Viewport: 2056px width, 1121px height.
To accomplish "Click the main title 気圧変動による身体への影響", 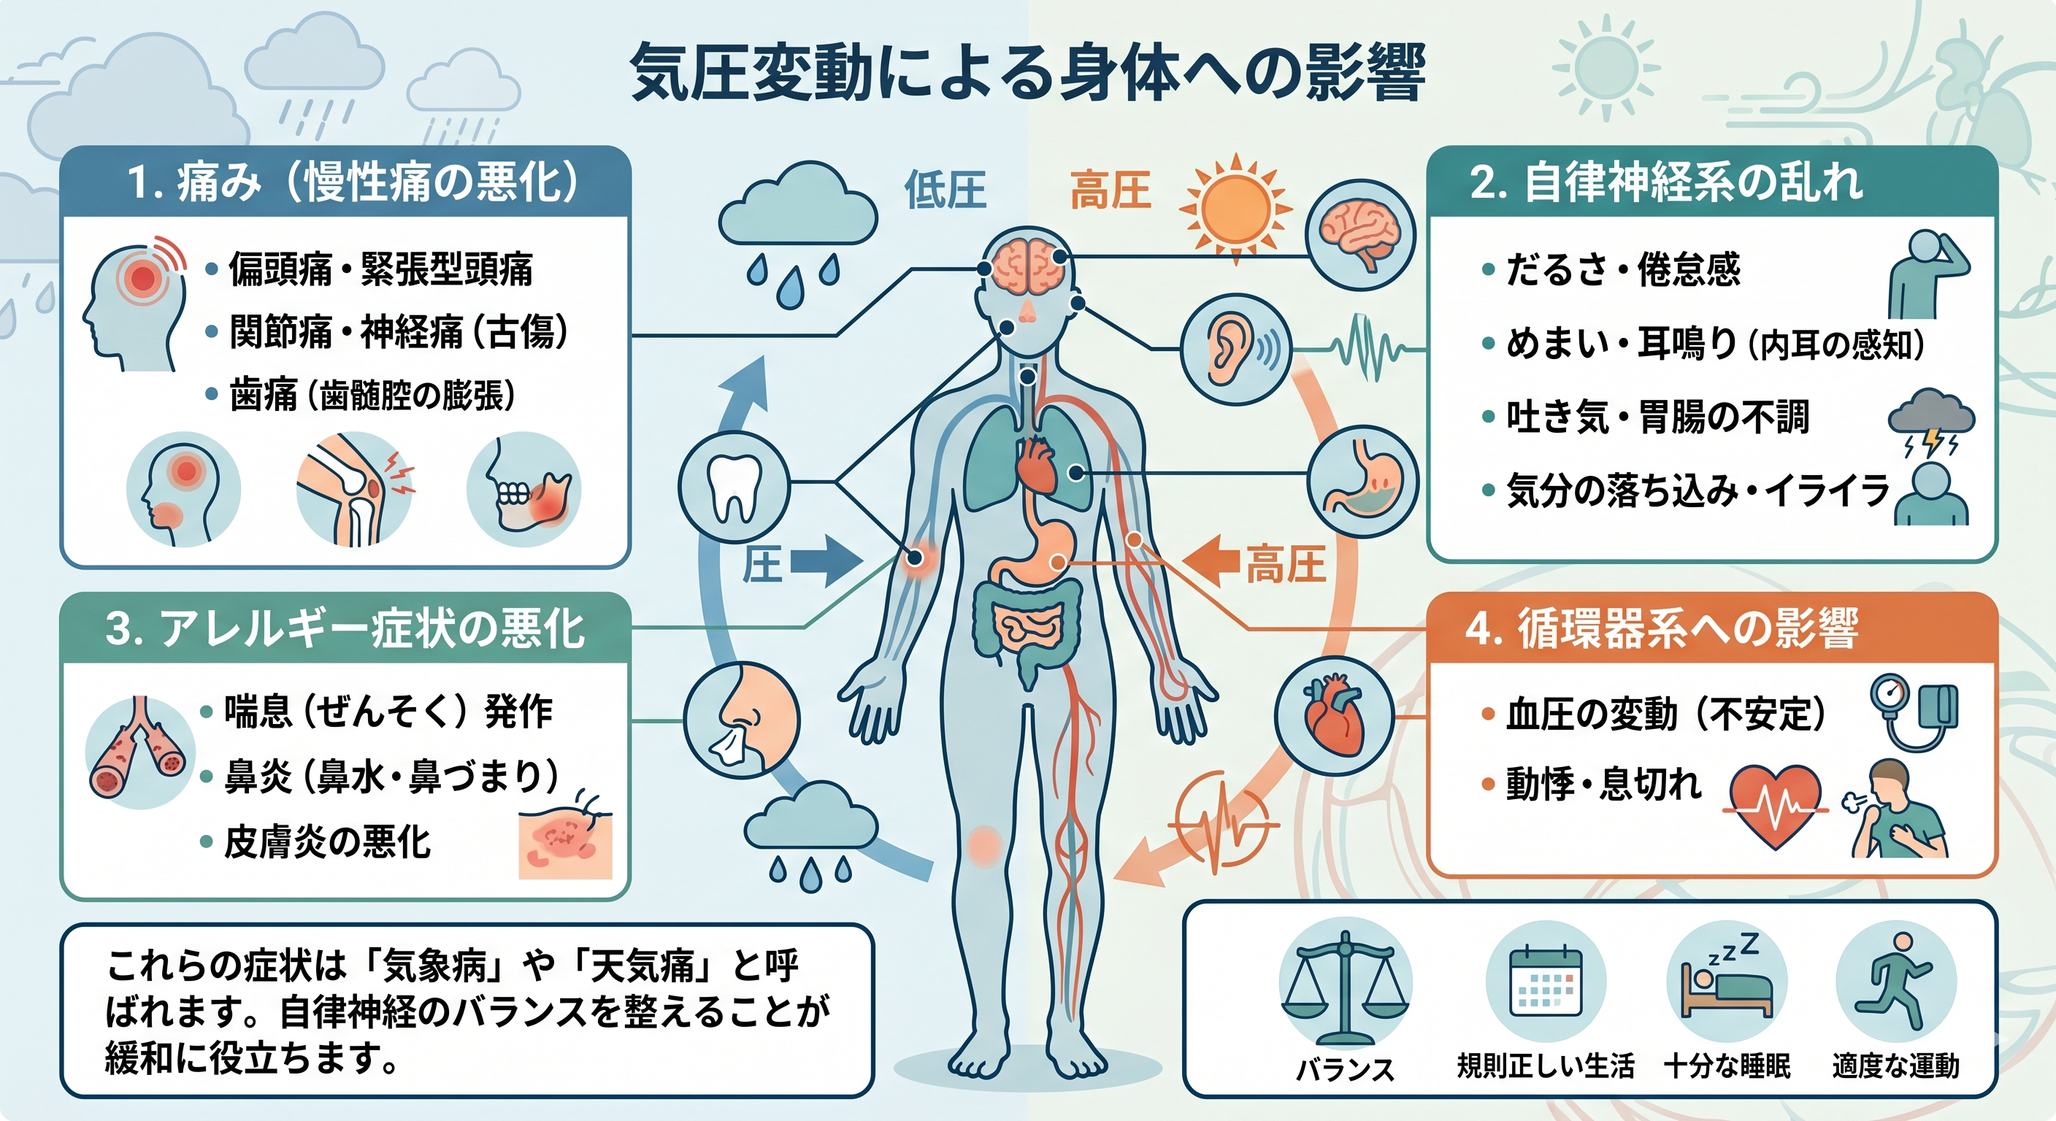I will (x=1027, y=74).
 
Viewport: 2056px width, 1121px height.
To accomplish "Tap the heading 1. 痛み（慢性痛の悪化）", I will (x=352, y=182).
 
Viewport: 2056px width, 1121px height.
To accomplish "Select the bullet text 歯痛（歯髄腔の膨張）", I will (x=372, y=395).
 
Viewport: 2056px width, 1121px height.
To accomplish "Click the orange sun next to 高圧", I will (x=1235, y=209).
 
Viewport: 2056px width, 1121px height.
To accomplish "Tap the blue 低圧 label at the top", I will (x=945, y=191).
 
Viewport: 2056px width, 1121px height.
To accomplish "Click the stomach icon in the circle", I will (x=1363, y=480).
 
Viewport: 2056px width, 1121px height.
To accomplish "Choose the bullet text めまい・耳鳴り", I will (x=1620, y=344).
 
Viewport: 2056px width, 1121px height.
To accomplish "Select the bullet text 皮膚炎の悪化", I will (x=327, y=841).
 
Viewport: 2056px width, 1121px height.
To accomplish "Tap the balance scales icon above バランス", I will (x=1346, y=986).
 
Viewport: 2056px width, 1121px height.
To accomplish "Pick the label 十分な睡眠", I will (x=1727, y=1066).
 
